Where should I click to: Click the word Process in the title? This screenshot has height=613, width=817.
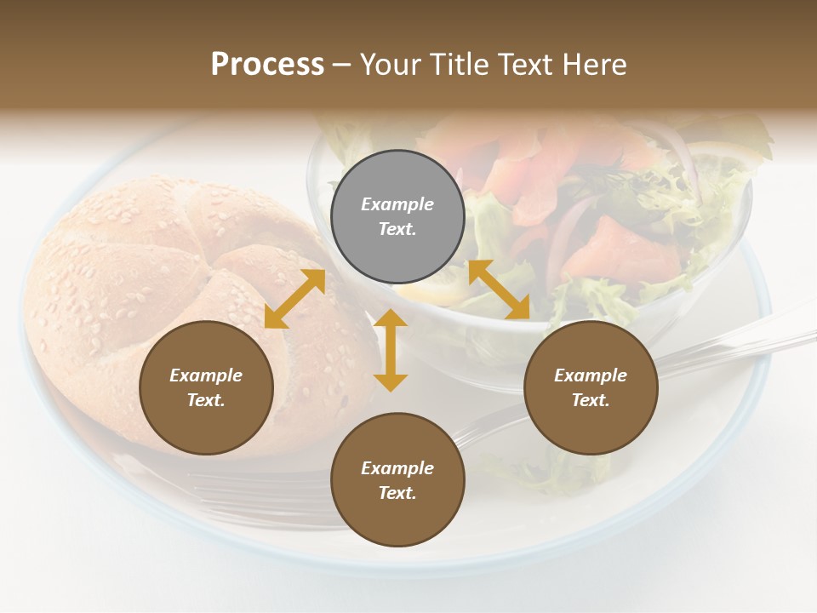tap(267, 65)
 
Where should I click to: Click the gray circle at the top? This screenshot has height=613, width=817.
tap(397, 216)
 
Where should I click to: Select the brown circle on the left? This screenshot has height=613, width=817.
tap(206, 387)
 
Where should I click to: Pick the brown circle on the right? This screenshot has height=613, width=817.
tap(591, 387)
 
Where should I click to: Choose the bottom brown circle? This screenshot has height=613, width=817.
tap(397, 480)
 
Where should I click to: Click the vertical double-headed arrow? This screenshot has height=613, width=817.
tap(391, 350)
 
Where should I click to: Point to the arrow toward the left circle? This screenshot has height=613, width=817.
tap(294, 299)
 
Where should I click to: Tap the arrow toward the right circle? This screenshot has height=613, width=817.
tap(499, 289)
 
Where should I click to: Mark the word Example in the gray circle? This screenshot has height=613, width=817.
tap(397, 204)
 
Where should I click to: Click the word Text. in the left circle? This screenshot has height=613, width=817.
tap(206, 400)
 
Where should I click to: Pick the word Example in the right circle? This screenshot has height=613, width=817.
tap(591, 375)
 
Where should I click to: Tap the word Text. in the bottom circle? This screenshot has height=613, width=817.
tap(397, 493)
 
